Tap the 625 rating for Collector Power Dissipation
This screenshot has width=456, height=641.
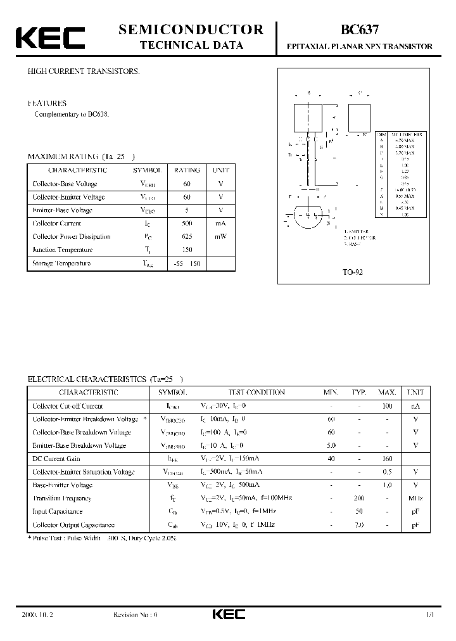tap(187, 236)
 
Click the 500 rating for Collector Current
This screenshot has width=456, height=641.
tap(187, 223)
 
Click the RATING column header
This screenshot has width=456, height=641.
tap(187, 170)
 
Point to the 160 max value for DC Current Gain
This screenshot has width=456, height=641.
tap(388, 459)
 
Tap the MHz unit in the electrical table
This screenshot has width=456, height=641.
tap(415, 498)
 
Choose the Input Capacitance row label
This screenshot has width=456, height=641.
tap(58, 511)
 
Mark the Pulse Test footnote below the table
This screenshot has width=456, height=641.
tap(102, 538)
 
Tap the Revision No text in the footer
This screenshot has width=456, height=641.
tap(135, 614)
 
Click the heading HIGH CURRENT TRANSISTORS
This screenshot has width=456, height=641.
tap(83, 72)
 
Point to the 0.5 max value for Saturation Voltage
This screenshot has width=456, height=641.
tap(388, 472)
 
